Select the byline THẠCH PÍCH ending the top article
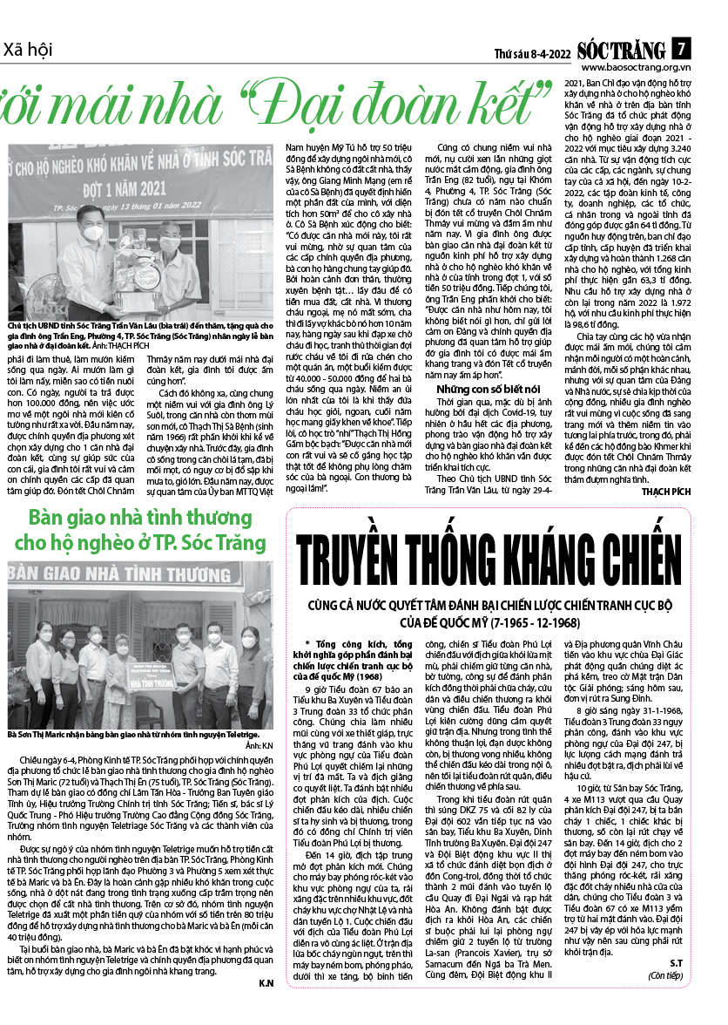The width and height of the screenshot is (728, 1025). (x=666, y=492)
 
